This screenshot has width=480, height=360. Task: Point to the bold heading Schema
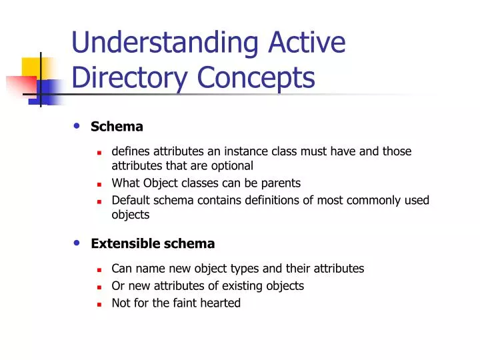[117, 126]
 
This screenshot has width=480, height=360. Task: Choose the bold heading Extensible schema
[153, 243]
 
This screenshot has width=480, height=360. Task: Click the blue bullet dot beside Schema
[77, 125]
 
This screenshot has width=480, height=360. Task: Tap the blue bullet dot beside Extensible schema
[77, 243]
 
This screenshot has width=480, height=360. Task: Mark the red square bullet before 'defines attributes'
[98, 153]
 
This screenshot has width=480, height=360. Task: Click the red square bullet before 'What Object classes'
[98, 184]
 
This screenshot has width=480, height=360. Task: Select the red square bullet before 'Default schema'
[98, 201]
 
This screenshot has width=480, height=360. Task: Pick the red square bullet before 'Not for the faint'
[98, 304]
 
